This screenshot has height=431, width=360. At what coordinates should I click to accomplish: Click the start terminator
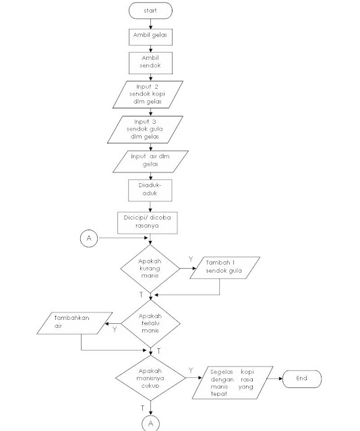point(150,11)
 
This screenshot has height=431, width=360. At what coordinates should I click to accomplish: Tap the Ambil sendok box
point(150,62)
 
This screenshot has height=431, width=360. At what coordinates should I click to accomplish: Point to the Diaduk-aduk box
point(150,190)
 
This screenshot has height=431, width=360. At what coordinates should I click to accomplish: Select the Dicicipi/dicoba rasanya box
point(150,222)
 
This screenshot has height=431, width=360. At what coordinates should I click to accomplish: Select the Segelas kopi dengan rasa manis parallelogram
point(233,383)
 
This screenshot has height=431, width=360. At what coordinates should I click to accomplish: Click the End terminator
point(301,378)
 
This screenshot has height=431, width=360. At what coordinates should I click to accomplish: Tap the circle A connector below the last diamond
point(150,423)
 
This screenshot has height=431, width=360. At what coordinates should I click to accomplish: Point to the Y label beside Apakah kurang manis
point(191,258)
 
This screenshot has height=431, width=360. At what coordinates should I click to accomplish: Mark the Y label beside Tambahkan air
point(114,329)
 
